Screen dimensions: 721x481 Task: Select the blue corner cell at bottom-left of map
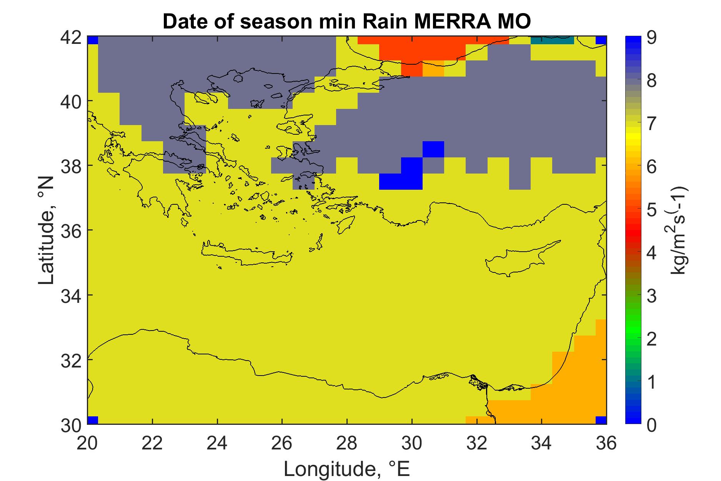pyautogui.click(x=93, y=420)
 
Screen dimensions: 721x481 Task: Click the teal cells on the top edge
pyautogui.click(x=552, y=40)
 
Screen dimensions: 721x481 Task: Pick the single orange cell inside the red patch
pyautogui.click(x=433, y=68)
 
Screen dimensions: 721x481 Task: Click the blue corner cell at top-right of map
pyautogui.click(x=601, y=40)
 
